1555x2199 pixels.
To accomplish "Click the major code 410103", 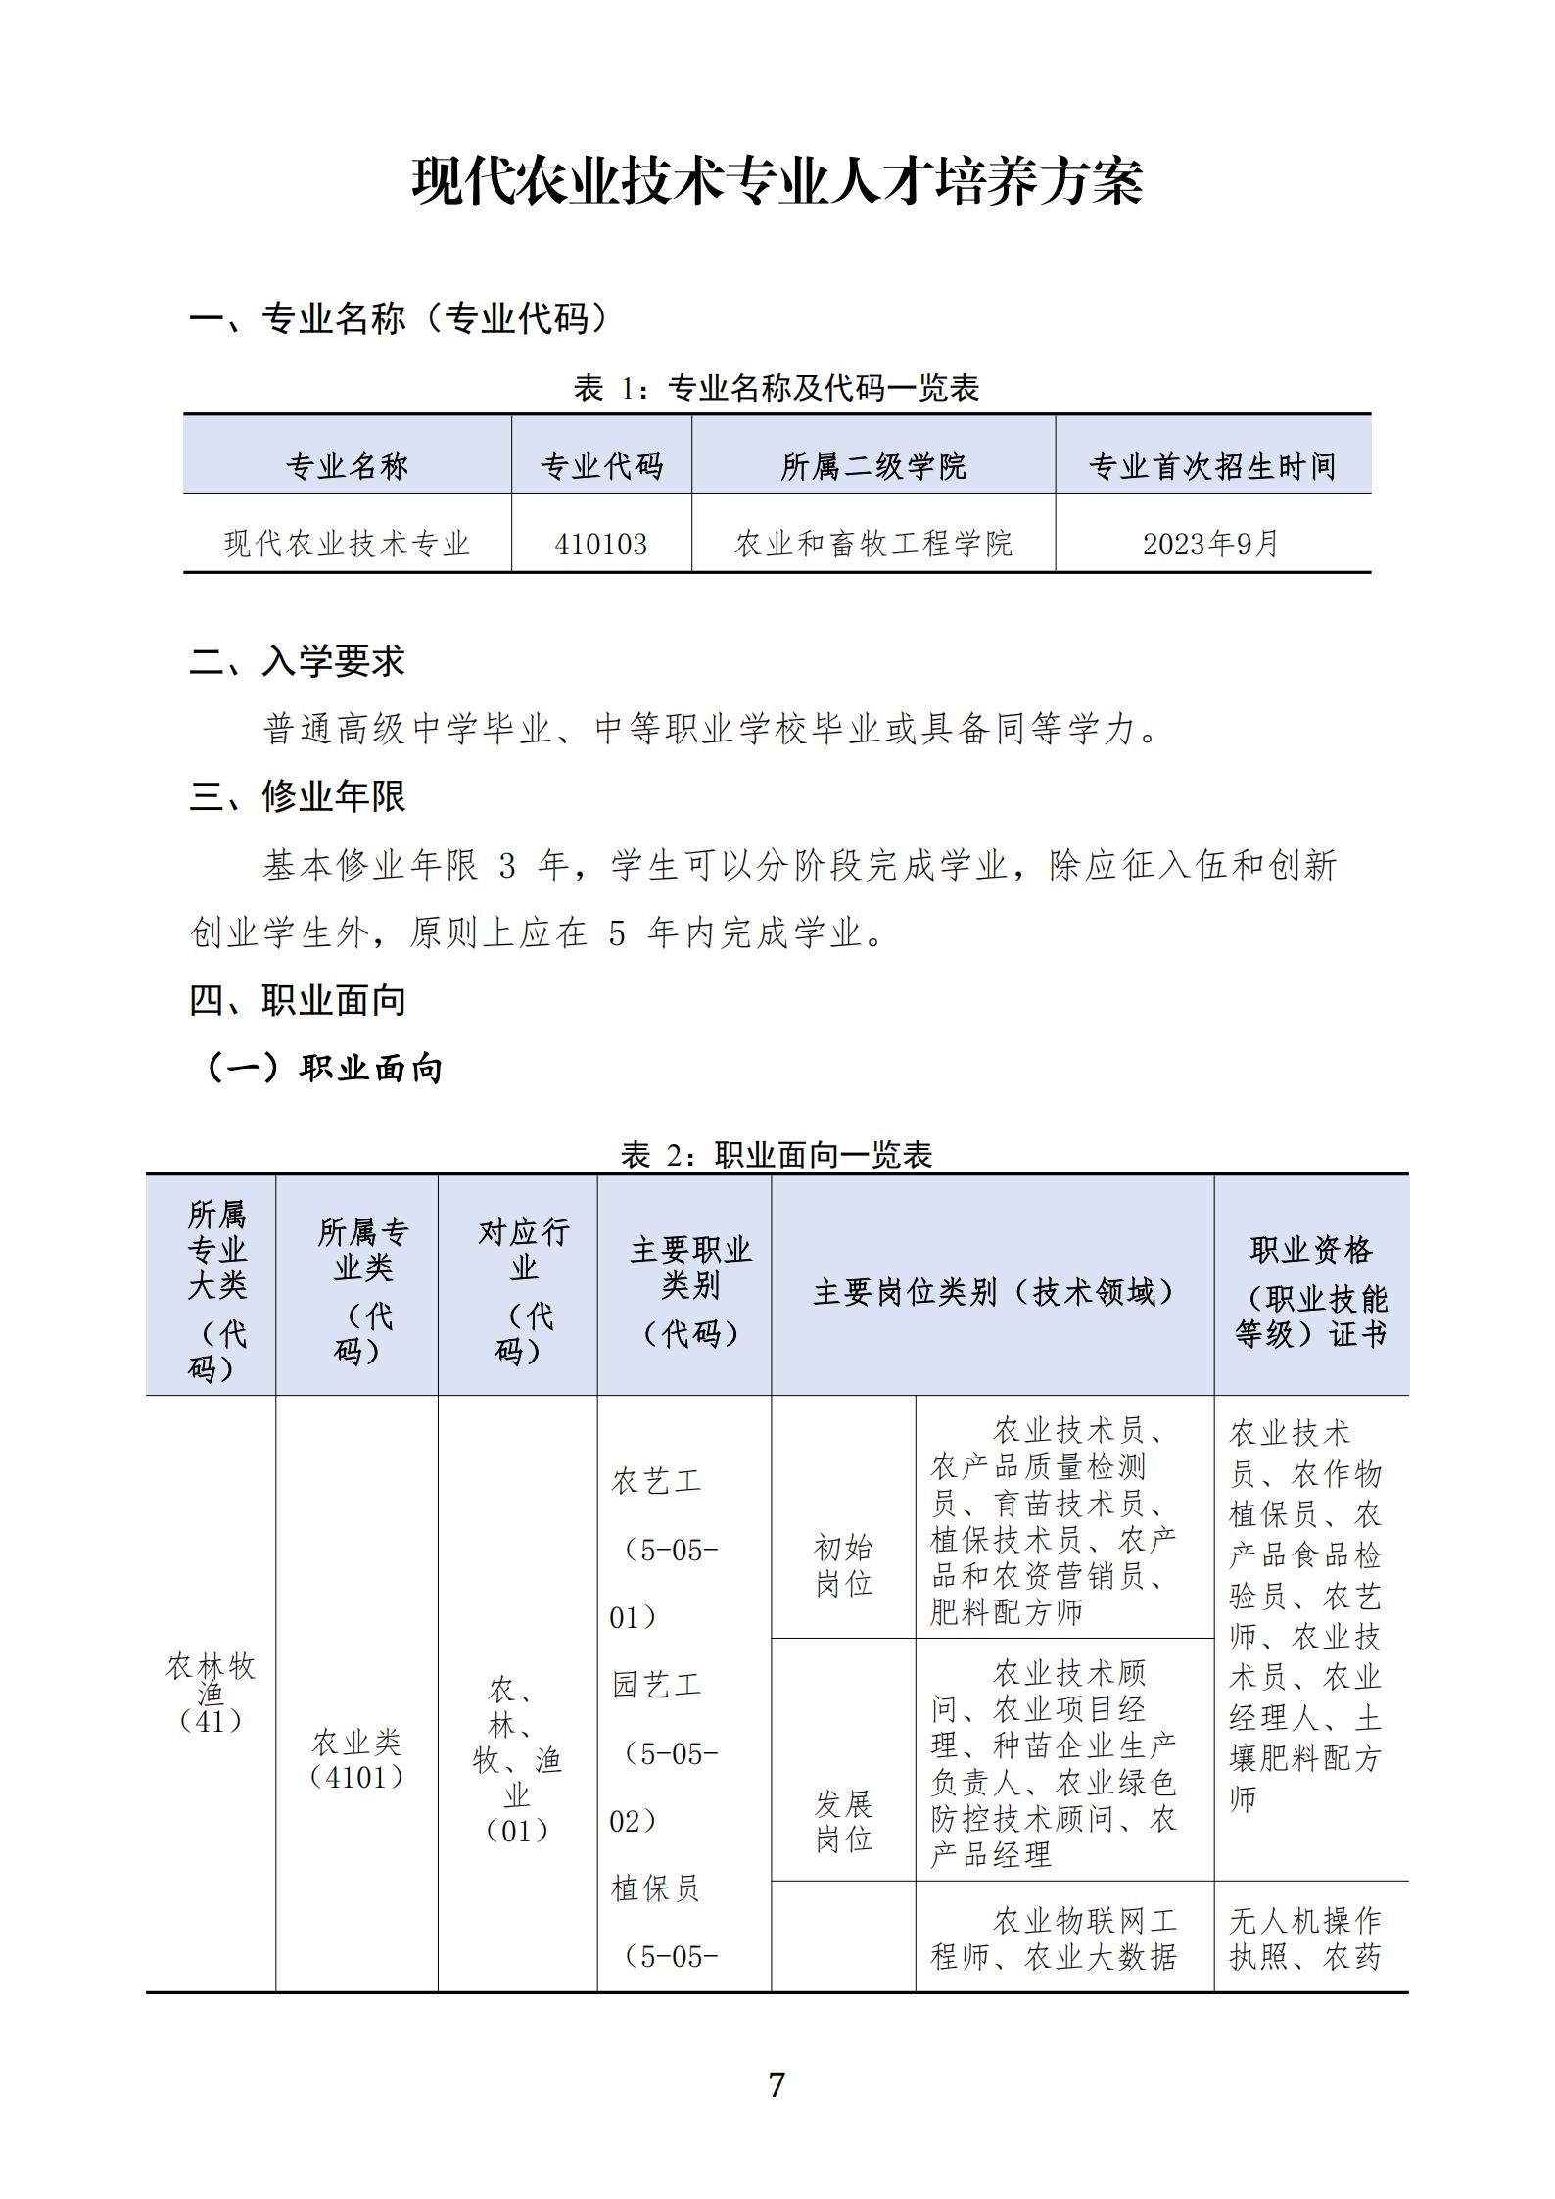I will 600,544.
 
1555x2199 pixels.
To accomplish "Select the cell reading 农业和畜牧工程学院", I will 872,544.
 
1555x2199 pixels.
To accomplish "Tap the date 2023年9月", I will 1211,544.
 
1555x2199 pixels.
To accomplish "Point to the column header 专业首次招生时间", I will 1212,466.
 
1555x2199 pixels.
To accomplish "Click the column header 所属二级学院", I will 872,466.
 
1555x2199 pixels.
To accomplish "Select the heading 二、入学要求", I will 297,662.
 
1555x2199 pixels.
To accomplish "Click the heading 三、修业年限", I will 297,796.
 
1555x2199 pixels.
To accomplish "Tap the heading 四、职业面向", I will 297,1000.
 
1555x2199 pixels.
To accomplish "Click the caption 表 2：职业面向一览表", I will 777,1155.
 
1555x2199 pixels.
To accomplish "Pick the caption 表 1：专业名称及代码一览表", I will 777,388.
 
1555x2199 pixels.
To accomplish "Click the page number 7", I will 777,2084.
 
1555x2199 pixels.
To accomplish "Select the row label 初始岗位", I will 843,1565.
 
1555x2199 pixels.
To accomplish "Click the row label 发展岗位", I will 843,1821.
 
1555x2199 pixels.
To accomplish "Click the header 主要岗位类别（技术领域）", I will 992,1293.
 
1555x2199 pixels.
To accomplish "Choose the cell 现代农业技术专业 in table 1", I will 347,544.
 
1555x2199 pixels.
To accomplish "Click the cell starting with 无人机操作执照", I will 1305,1938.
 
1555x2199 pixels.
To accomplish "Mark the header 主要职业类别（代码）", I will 689,1291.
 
